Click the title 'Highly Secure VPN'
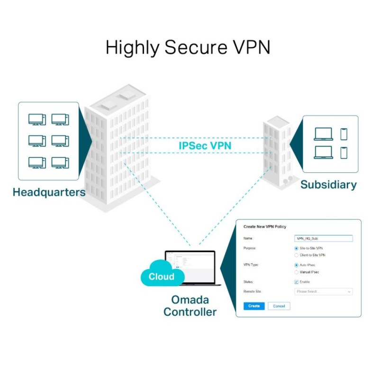tap(188, 48)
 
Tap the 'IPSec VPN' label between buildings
tap(205, 145)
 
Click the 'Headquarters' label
tap(49, 192)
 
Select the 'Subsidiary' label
tap(328, 185)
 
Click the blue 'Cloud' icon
tap(162, 277)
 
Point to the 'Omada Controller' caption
tap(190, 306)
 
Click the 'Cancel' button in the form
tap(279, 306)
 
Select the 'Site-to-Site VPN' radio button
tap(297, 248)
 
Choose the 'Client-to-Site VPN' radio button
tap(297, 255)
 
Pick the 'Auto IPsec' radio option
tap(297, 265)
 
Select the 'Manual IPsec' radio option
tap(297, 272)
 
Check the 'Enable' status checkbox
tap(297, 282)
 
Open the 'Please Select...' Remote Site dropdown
tap(324, 292)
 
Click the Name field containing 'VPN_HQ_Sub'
tap(323, 239)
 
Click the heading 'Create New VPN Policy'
tap(265, 227)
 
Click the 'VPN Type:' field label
tap(252, 265)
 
